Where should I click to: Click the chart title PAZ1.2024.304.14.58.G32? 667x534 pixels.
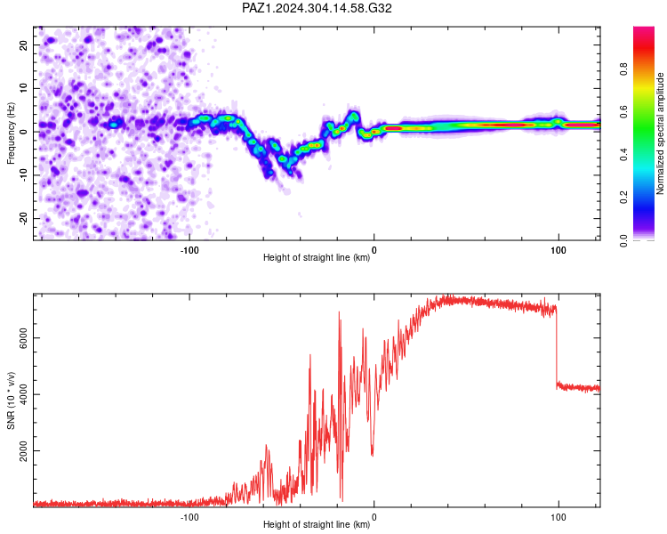click(317, 8)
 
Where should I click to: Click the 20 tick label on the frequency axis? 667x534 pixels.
click(23, 44)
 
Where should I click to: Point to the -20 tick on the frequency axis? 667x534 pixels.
click(23, 218)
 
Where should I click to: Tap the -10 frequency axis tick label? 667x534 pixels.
click(23, 175)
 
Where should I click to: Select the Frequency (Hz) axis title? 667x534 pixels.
click(11, 133)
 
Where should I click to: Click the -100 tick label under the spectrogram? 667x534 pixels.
click(189, 250)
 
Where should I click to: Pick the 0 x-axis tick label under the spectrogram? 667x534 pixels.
click(374, 250)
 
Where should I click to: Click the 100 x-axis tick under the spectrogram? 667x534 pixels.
click(559, 250)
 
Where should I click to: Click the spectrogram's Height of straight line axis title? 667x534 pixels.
click(317, 257)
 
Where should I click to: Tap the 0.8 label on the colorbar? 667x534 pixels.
click(623, 69)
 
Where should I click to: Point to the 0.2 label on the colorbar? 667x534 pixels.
click(623, 198)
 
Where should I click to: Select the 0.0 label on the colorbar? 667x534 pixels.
click(623, 240)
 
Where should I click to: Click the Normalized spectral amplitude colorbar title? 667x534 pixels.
click(660, 133)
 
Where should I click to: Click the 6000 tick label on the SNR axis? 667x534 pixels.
click(23, 337)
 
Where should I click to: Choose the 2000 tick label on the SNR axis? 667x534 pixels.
click(23, 450)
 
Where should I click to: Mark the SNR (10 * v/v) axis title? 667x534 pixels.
click(11, 400)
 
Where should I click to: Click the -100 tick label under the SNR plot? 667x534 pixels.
click(189, 517)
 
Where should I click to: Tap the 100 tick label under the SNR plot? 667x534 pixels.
click(559, 517)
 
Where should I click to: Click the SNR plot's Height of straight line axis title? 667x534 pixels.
click(317, 524)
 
